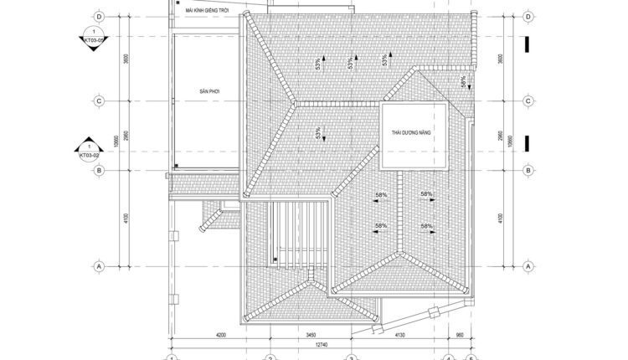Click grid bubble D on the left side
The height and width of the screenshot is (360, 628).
point(100,17)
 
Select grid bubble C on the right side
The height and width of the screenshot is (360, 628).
point(528,102)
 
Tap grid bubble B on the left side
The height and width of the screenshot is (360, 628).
point(100,171)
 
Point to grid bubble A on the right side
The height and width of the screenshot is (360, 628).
point(528,265)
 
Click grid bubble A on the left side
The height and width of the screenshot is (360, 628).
point(100,265)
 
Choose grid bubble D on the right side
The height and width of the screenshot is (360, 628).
point(528,17)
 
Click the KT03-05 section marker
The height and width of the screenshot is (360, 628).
point(89,39)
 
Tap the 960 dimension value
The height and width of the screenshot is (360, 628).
point(458,334)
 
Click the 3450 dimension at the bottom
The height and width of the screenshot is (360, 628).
point(311,334)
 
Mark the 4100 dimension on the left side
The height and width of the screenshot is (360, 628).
point(126,218)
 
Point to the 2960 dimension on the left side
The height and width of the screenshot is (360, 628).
point(126,136)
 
